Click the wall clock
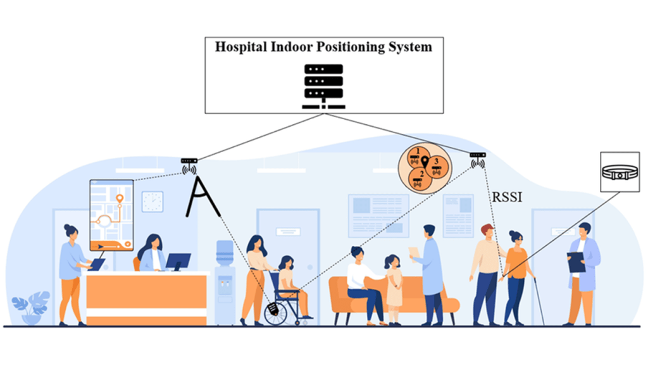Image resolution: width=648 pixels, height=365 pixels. coord(153,202)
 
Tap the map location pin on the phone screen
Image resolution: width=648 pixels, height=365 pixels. coord(119,201)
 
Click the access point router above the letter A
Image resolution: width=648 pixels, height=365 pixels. coord(189,162)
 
